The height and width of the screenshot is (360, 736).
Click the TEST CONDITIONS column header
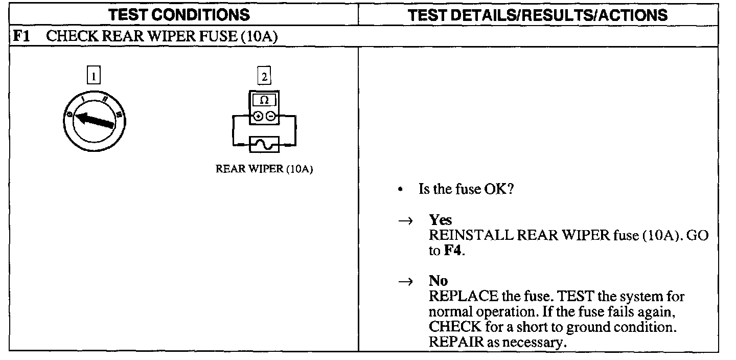[x=180, y=15]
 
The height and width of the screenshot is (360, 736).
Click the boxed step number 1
[x=93, y=77]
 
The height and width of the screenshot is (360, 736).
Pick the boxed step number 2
[x=264, y=77]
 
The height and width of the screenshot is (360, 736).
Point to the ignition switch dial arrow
[x=95, y=121]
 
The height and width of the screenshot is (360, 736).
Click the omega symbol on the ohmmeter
[x=264, y=100]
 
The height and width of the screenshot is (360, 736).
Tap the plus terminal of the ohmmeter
[x=259, y=117]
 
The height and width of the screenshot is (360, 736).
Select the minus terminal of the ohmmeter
[x=270, y=117]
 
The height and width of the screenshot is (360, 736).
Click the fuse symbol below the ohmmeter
[x=264, y=145]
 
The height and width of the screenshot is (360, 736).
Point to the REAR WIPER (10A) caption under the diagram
[x=264, y=170]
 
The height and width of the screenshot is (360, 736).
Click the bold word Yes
[x=440, y=220]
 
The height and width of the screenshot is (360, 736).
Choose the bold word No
[x=438, y=281]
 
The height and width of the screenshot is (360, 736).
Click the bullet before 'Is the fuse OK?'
[x=402, y=190]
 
